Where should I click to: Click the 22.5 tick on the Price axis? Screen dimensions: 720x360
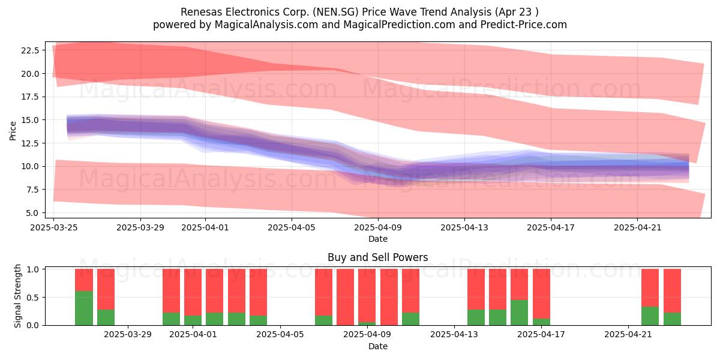pos(30,50)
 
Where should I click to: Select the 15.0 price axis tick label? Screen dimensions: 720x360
pos(30,120)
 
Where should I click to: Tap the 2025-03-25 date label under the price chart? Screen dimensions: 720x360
pos(53,227)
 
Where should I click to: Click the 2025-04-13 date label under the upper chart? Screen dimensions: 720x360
pos(464,227)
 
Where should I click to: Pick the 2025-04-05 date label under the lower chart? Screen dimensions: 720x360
pos(280,334)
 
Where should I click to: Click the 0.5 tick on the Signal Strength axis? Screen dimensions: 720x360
pos(32,298)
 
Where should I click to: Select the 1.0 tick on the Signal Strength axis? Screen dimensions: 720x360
pos(32,269)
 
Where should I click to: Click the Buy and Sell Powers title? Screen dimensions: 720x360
pos(377,257)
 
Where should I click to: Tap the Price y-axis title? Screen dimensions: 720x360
pos(13,131)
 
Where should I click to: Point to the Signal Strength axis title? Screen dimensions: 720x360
pos(17,296)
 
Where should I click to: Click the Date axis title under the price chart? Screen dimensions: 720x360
pos(377,239)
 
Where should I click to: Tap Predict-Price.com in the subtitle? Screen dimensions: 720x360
pos(524,25)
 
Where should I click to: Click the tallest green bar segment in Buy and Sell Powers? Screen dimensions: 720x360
pos(84,308)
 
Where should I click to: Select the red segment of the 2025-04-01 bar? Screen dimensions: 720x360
pos(193,292)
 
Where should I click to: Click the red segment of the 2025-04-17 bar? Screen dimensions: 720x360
pos(541,294)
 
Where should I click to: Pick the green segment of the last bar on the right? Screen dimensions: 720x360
pos(672,319)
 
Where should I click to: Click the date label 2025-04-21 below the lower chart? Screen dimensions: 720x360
pos(628,334)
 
